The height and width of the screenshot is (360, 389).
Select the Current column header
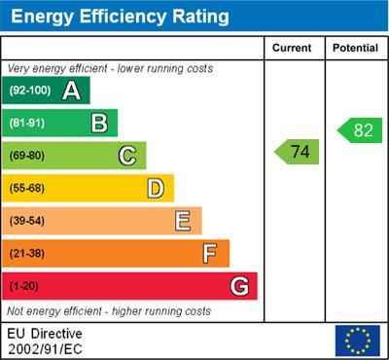coord(292,48)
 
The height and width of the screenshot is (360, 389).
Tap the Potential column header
coord(354,48)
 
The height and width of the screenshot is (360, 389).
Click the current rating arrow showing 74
coord(298,152)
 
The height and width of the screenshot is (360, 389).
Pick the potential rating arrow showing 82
coord(357,129)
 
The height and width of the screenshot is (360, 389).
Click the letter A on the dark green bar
coord(71,90)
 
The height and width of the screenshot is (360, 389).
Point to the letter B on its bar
coord(99,124)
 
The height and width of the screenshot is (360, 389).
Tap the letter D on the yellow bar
coord(156,188)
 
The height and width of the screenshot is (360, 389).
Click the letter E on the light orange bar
coord(183,221)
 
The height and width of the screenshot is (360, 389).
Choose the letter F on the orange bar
coord(210,254)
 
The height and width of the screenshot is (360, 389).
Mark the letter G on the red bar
coord(238,286)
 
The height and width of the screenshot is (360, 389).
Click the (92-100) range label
coord(30,90)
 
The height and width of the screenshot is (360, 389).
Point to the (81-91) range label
coord(28,124)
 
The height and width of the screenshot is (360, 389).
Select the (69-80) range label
coord(28,156)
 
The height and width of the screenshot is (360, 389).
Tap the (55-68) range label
coord(28,189)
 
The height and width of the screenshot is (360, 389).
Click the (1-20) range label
coord(25,287)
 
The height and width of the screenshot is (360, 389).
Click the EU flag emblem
coord(357,341)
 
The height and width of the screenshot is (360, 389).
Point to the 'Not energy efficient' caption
coord(109,311)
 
